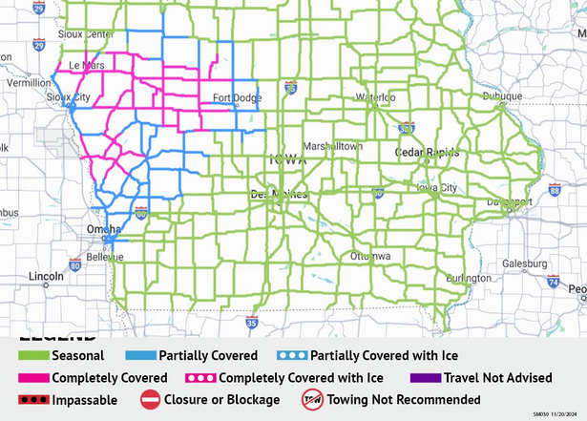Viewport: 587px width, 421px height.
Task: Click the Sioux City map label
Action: click(69, 97)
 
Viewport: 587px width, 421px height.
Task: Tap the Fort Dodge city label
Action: click(236, 97)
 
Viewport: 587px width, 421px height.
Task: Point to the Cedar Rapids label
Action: click(427, 153)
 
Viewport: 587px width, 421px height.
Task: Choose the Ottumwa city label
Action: click(369, 257)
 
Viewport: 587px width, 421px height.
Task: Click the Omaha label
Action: click(102, 229)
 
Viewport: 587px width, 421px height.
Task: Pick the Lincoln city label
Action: click(46, 277)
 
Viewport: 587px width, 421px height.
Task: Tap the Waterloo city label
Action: click(374, 96)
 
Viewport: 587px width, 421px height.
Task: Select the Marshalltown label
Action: click(332, 146)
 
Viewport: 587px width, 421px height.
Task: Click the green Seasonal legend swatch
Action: click(33, 355)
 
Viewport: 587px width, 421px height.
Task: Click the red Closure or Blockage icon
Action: click(150, 400)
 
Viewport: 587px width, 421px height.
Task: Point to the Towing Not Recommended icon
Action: click(312, 400)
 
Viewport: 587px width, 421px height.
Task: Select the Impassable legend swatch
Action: click(33, 400)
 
